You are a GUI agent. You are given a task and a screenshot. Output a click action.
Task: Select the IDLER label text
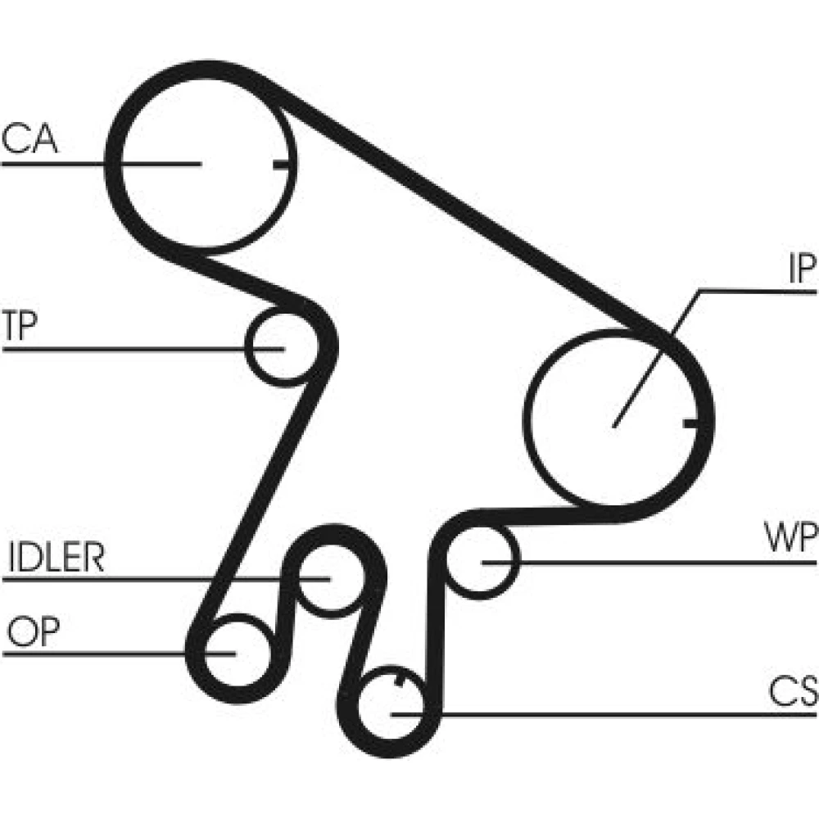[56, 559]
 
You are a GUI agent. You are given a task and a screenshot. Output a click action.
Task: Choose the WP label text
[790, 541]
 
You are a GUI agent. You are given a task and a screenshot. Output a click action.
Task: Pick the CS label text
[793, 693]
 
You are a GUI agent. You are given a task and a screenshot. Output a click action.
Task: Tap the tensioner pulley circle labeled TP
[280, 347]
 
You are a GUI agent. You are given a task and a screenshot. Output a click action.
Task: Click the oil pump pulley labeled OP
[233, 654]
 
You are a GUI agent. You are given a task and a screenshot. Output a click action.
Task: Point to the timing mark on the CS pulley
[398, 680]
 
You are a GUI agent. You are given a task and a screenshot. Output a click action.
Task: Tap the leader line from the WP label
[655, 563]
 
